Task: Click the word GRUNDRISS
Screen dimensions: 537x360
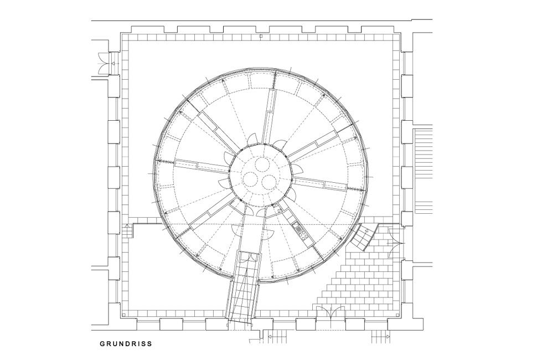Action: pos(126,343)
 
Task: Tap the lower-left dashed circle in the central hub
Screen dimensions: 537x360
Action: pos(251,179)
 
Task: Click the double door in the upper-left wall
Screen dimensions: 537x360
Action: pos(104,63)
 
